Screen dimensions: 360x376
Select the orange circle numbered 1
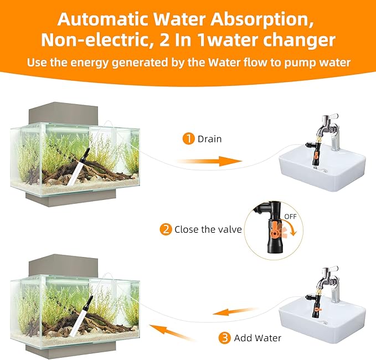(189, 139)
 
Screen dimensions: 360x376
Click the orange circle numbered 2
(166, 229)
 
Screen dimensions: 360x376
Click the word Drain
(209, 139)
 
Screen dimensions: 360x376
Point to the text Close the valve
(208, 229)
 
